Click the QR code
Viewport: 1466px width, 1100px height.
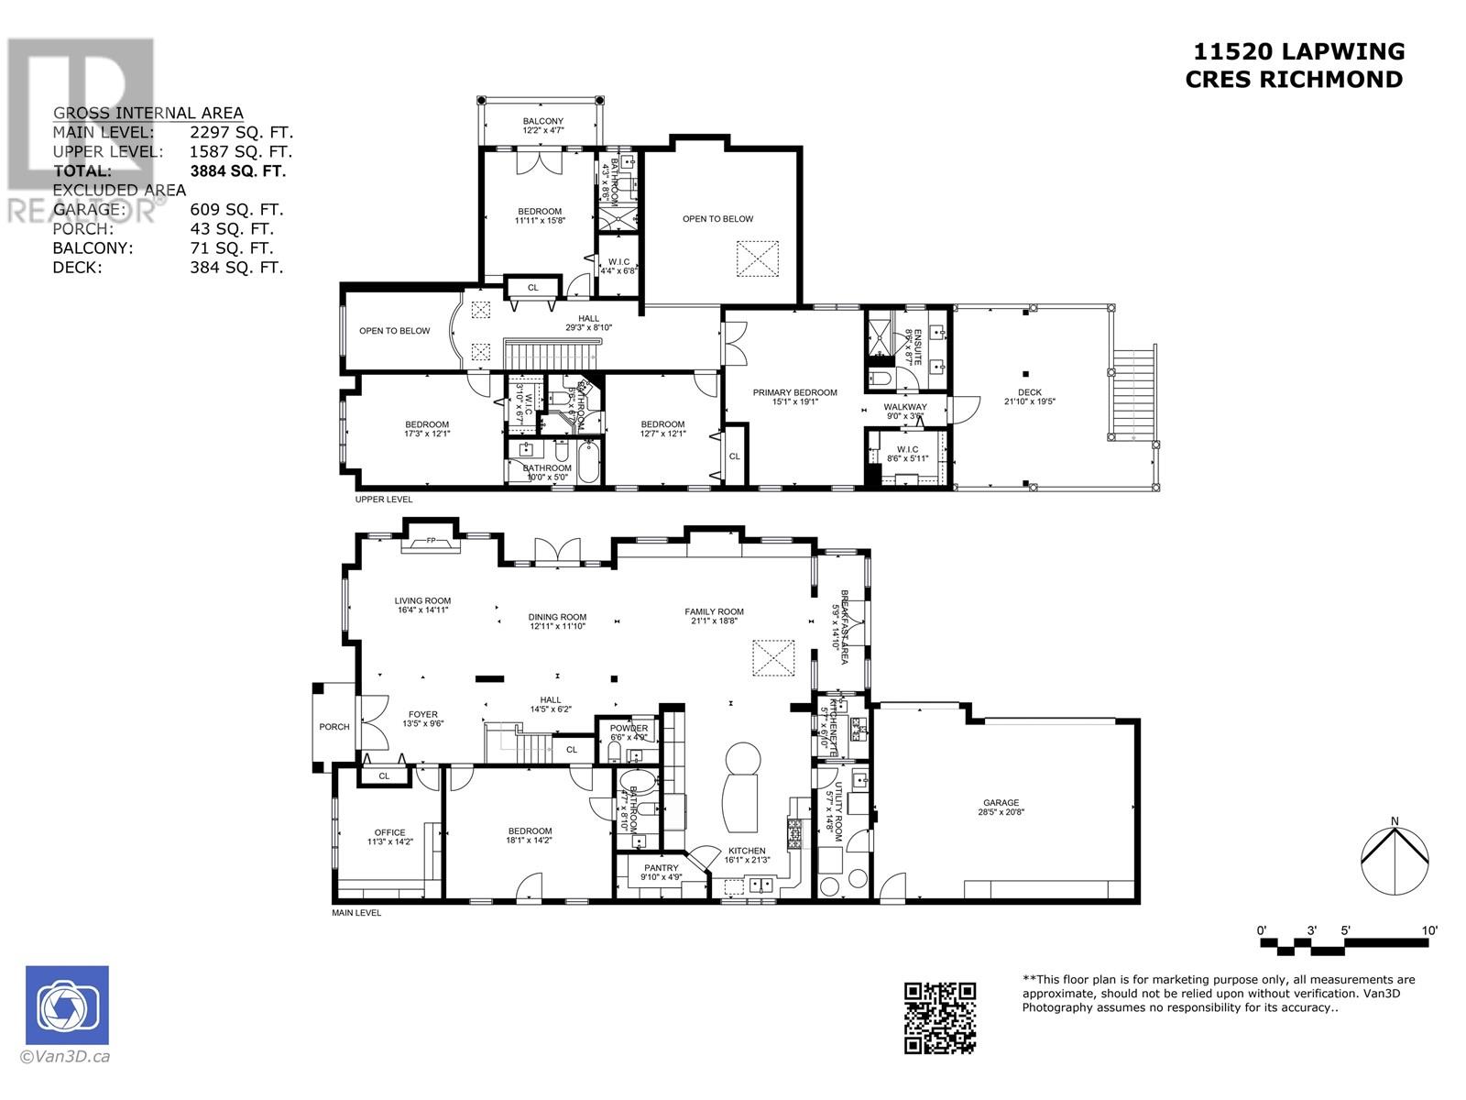(940, 1017)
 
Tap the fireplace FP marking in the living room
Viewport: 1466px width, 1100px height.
(431, 542)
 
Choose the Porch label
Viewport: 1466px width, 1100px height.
(334, 727)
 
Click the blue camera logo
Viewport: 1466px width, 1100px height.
(67, 1006)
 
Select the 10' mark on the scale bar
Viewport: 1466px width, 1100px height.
(1429, 930)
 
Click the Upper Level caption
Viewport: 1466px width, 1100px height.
(384, 500)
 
